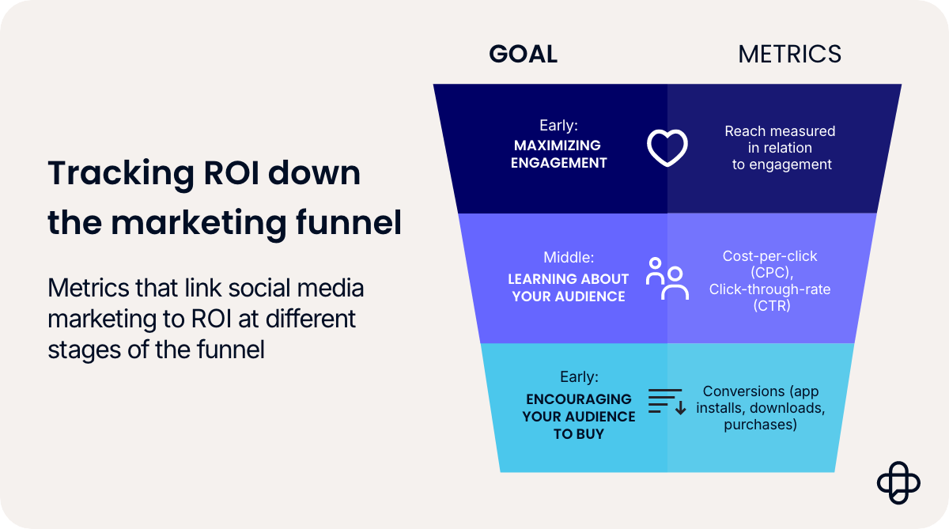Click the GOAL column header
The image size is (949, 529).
pos(523,54)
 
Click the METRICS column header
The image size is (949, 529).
pos(789,54)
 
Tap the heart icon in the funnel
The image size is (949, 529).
pos(667,148)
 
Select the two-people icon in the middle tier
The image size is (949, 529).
pos(667,278)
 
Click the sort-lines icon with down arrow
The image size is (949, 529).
pos(667,402)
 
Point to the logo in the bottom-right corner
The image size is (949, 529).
pos(898,481)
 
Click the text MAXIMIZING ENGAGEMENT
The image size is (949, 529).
pos(558,154)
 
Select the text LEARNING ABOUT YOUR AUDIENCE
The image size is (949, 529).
pos(568,288)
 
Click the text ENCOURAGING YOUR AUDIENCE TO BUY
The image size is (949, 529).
pos(578,417)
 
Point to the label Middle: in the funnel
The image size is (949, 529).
pos(568,258)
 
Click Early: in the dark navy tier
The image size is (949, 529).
pos(558,125)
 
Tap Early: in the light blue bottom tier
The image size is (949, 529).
pos(578,377)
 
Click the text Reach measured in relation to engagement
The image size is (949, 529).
pos(781,148)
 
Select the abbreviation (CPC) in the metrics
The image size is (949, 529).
pos(769,273)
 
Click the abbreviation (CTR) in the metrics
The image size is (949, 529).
pos(769,306)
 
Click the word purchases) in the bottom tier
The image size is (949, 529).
pos(759,425)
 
